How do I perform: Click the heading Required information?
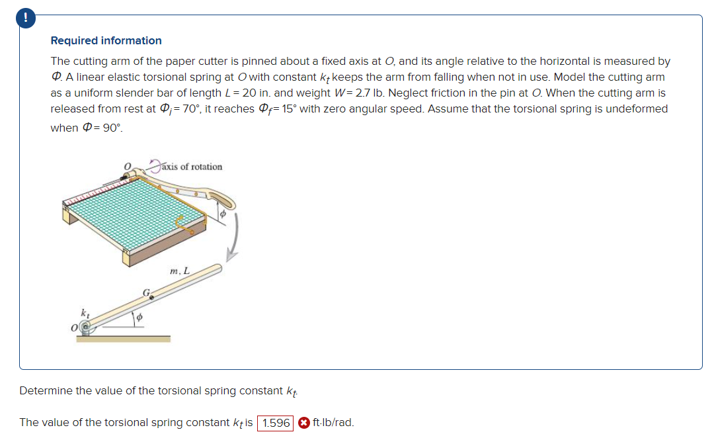tap(106, 41)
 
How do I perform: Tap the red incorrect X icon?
tap(303, 423)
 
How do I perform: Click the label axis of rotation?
tap(192, 167)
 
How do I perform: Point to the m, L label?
tap(179, 271)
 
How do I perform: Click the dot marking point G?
tap(151, 298)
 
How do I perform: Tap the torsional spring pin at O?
tap(85, 326)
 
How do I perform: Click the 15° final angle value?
tap(284, 109)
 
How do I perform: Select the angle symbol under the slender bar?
tap(139, 318)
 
